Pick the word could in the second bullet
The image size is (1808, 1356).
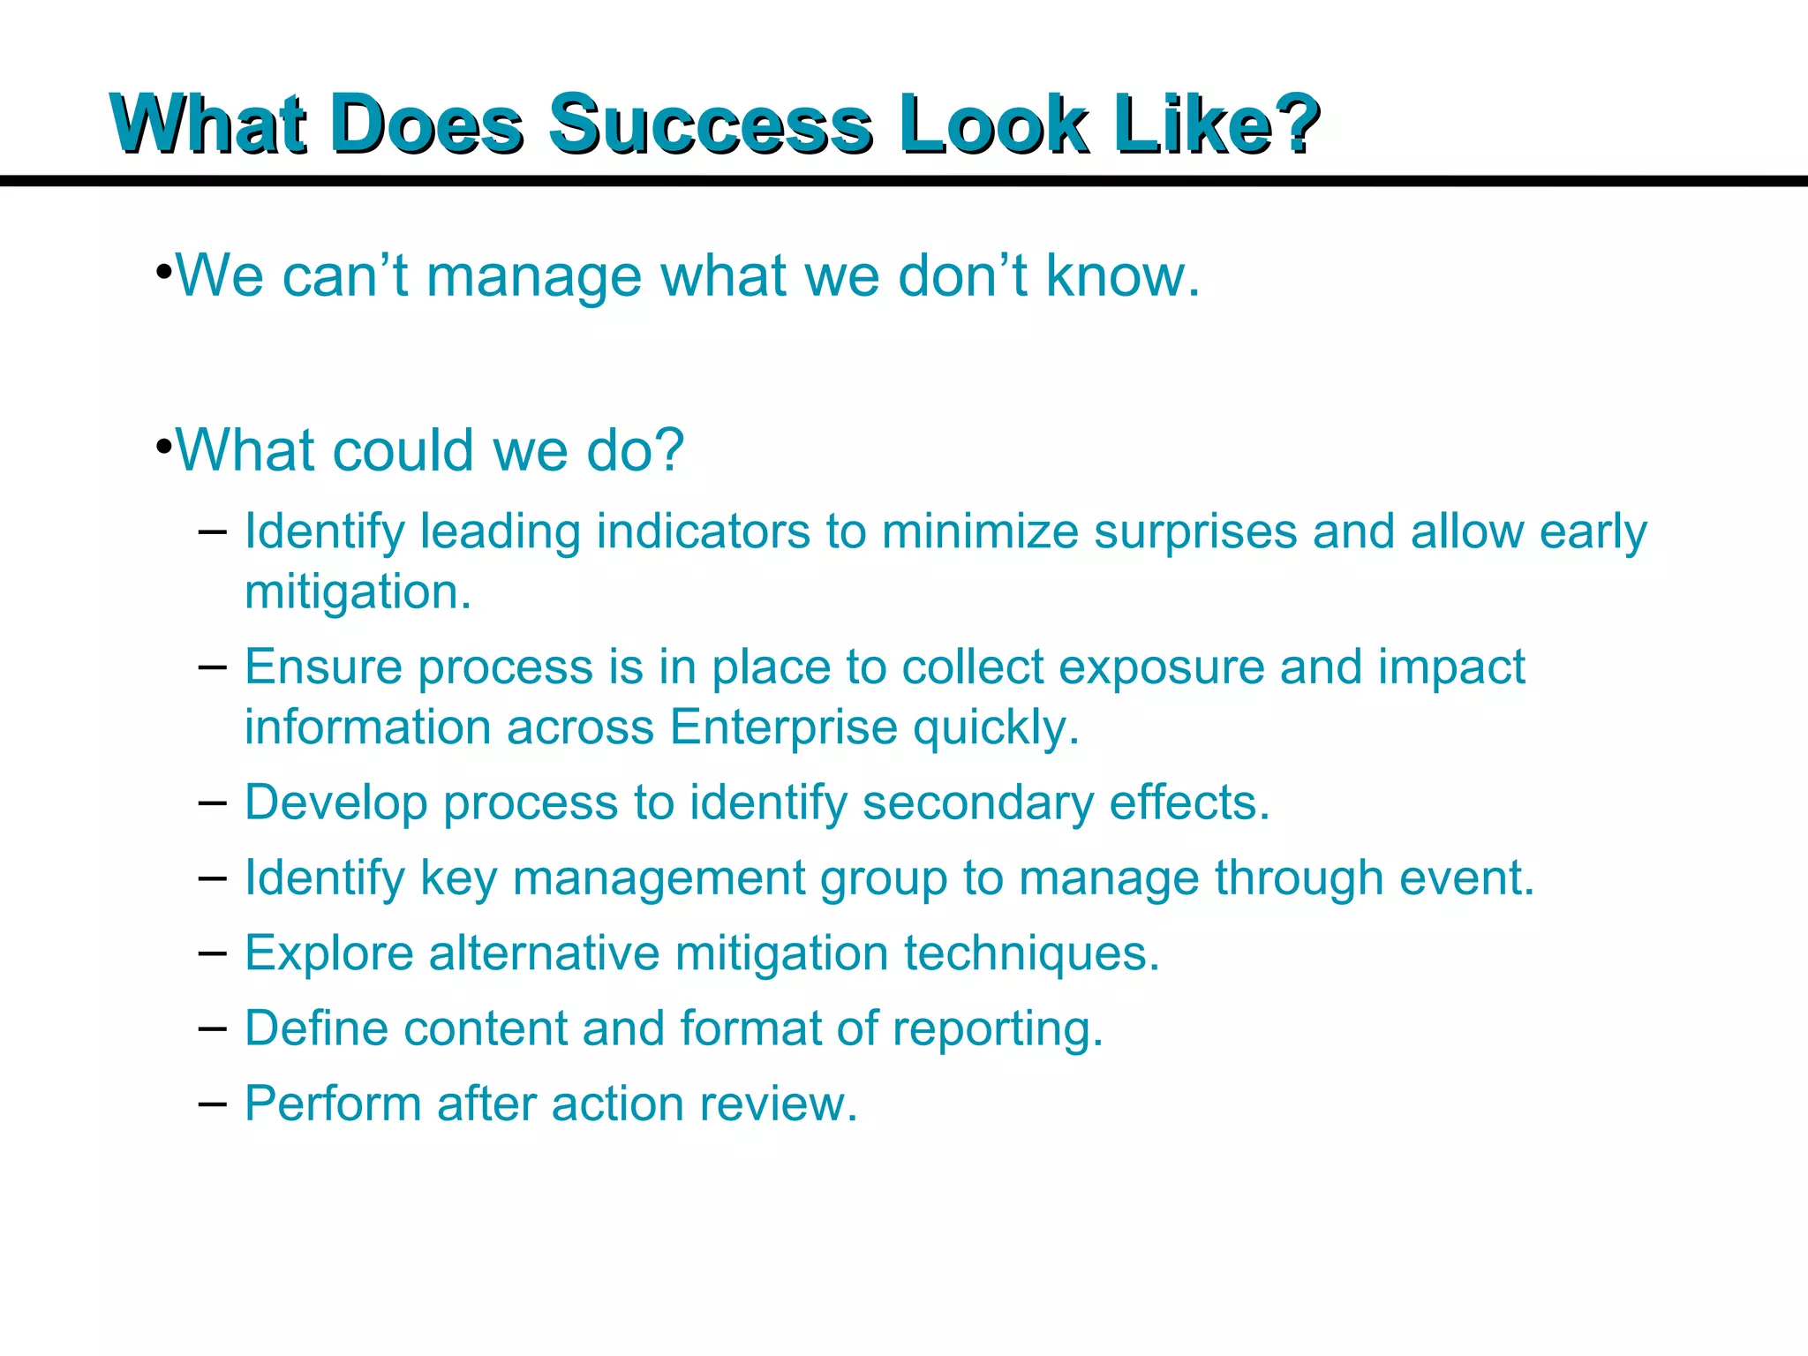[404, 450]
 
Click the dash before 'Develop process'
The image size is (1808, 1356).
[212, 802]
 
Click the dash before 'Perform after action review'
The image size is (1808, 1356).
[212, 1104]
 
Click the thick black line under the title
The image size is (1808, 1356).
[904, 181]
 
